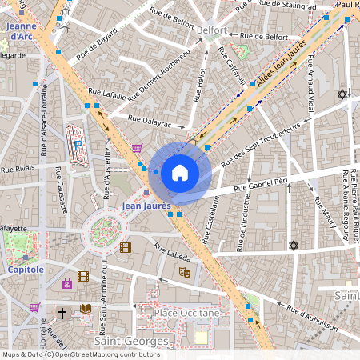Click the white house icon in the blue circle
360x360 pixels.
click(x=179, y=173)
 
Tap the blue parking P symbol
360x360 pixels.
click(x=78, y=144)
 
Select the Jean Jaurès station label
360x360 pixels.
click(x=147, y=206)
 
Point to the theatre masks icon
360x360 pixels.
click(x=184, y=273)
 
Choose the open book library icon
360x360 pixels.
click(x=85, y=309)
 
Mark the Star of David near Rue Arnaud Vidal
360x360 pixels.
click(x=343, y=94)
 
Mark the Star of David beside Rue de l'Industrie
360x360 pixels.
click(x=293, y=245)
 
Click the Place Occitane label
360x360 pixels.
click(x=186, y=312)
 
